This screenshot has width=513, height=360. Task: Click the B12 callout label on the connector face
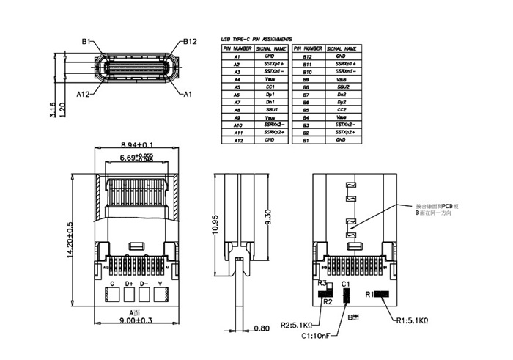coord(190,41)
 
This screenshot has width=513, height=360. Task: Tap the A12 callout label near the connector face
coord(84,94)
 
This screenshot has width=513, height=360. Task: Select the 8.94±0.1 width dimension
coord(136,145)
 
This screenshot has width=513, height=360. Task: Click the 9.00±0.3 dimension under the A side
coord(136,320)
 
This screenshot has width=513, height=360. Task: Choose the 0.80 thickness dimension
coord(261,328)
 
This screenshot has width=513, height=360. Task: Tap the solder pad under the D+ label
coord(128,295)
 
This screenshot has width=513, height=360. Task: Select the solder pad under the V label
coord(160,295)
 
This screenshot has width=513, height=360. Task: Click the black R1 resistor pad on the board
coord(381,294)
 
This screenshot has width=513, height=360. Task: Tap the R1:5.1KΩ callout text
coord(412,320)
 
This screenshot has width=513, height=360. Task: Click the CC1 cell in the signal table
coord(270,87)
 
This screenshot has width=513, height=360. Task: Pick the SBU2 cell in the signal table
coord(340,87)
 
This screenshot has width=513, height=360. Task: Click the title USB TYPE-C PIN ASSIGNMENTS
coord(256,39)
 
